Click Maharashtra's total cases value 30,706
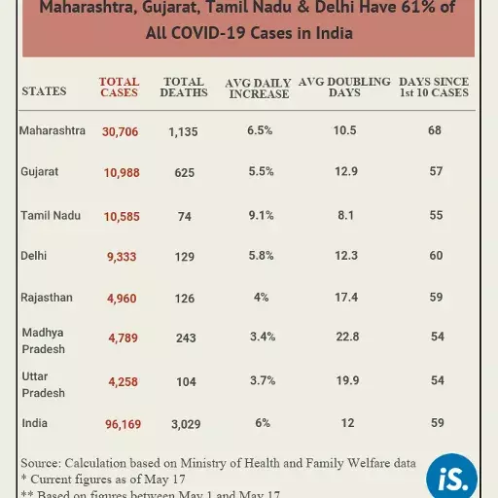click(x=121, y=131)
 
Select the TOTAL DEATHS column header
click(x=184, y=88)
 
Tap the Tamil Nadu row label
click(x=51, y=215)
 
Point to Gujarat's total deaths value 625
click(x=184, y=172)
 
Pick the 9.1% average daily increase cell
click(x=262, y=215)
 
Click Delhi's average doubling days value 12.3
click(x=346, y=256)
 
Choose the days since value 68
click(x=435, y=130)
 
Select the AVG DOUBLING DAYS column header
click(x=344, y=88)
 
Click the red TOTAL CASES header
click(x=119, y=88)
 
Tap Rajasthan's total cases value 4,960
click(x=121, y=298)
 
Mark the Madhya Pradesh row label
click(x=44, y=340)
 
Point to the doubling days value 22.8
click(x=346, y=337)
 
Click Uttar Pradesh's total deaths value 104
click(x=184, y=382)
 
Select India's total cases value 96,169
click(x=121, y=424)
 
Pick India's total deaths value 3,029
click(x=184, y=424)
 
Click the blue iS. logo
click(x=451, y=476)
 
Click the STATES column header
click(x=44, y=91)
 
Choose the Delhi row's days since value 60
click(x=435, y=256)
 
